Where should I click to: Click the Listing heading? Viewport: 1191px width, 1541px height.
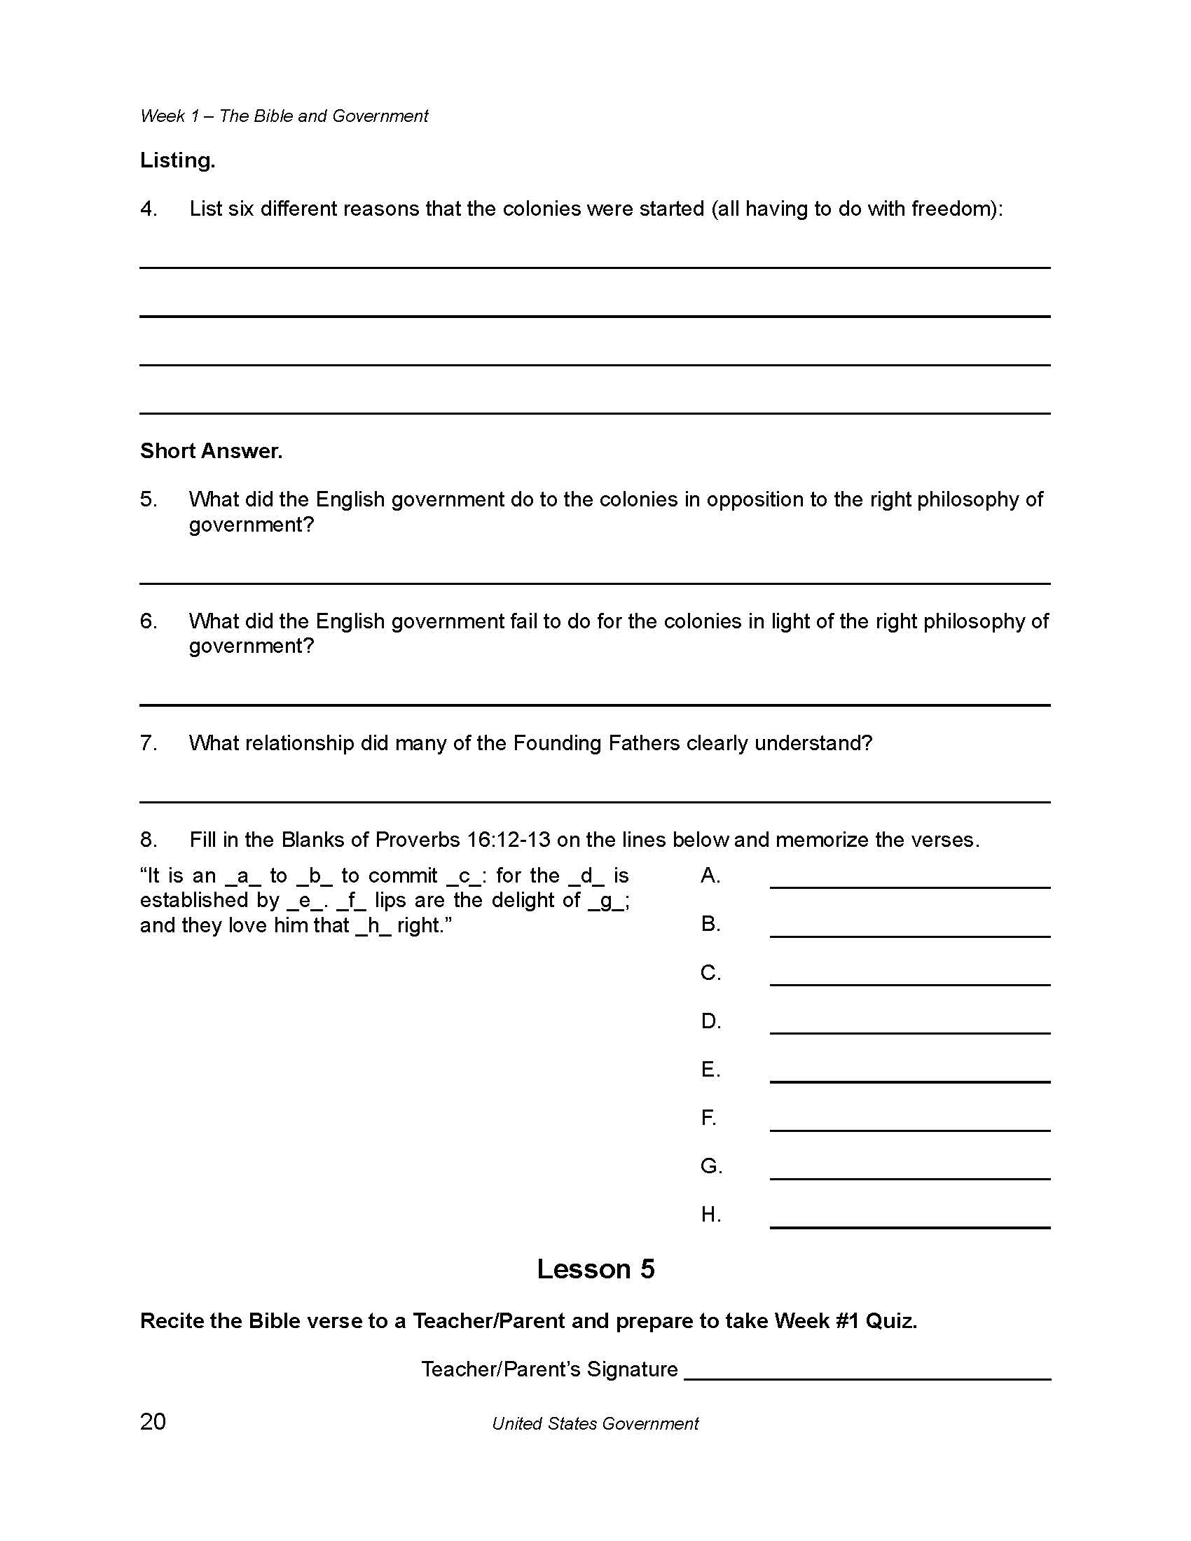[177, 161]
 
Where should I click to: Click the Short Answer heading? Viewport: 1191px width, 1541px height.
[211, 452]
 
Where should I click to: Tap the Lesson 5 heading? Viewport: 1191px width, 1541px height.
[595, 1269]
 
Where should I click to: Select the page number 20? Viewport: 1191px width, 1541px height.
[153, 1421]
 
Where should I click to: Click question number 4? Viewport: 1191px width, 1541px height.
[148, 209]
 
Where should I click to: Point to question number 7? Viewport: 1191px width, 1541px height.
[148, 743]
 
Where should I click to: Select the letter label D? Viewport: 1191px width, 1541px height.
[710, 1022]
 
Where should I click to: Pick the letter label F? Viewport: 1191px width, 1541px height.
[708, 1119]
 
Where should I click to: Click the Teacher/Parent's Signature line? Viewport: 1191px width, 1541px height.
[867, 1377]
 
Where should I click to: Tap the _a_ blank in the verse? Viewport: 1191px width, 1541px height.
[242, 876]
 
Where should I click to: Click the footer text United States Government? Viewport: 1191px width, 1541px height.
[595, 1424]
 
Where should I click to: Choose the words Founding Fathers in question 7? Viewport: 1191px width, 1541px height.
[596, 743]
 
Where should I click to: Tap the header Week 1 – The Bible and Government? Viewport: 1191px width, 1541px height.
[284, 116]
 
